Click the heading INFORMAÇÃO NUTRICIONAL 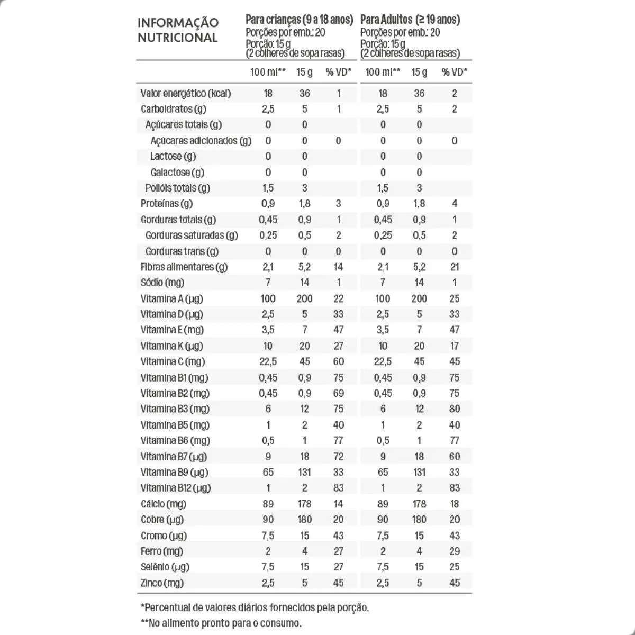(x=178, y=30)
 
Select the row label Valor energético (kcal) (x=186, y=94)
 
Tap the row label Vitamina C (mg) (x=173, y=361)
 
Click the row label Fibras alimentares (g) (x=184, y=267)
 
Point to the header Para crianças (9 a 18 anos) (x=299, y=20)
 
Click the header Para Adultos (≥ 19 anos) (x=410, y=20)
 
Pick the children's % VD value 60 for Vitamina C (x=339, y=361)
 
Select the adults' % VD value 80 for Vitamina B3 (x=454, y=409)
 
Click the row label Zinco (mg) (x=162, y=583)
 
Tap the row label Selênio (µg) (x=165, y=567)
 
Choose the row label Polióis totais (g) (x=177, y=188)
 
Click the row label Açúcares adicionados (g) (x=201, y=141)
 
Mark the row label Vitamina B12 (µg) (x=176, y=488)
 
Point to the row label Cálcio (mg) (x=164, y=504)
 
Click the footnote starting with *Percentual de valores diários (x=255, y=607)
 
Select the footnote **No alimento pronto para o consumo (x=221, y=623)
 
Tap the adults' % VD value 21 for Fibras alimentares (x=454, y=267)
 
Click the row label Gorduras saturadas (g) (x=192, y=235)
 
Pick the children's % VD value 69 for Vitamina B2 (x=339, y=393)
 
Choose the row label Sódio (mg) (x=162, y=283)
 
